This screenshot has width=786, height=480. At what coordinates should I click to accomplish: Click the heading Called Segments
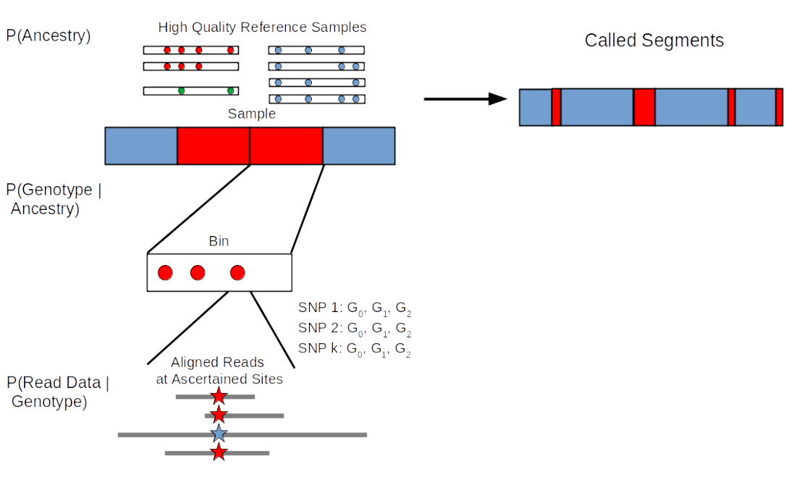click(x=654, y=41)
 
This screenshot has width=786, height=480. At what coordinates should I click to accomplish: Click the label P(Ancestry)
click(x=48, y=35)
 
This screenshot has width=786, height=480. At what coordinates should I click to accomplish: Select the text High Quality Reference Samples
click(x=262, y=28)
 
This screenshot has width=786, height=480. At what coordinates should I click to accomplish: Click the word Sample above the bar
click(x=251, y=114)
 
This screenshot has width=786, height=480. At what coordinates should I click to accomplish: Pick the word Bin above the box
click(x=219, y=242)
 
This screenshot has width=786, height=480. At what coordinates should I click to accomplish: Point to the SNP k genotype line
click(x=355, y=350)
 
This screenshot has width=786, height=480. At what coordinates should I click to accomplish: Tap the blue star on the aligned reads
click(x=219, y=434)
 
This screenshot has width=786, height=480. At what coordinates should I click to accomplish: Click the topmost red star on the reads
click(x=219, y=396)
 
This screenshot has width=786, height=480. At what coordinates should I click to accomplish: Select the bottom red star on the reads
click(x=219, y=453)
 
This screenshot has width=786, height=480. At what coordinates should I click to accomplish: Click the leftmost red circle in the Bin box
click(x=165, y=273)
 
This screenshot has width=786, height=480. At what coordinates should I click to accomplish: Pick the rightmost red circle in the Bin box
click(x=237, y=273)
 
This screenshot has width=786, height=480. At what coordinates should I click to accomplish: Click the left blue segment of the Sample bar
click(x=141, y=146)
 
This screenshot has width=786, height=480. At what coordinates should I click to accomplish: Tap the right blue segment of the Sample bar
click(x=359, y=146)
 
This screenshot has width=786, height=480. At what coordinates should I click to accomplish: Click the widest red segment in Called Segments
click(x=644, y=107)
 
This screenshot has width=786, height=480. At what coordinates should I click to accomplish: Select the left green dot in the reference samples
click(x=181, y=91)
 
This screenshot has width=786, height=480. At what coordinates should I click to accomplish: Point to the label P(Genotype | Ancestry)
click(x=54, y=200)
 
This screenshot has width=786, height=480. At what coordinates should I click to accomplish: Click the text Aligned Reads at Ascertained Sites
click(x=218, y=370)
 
